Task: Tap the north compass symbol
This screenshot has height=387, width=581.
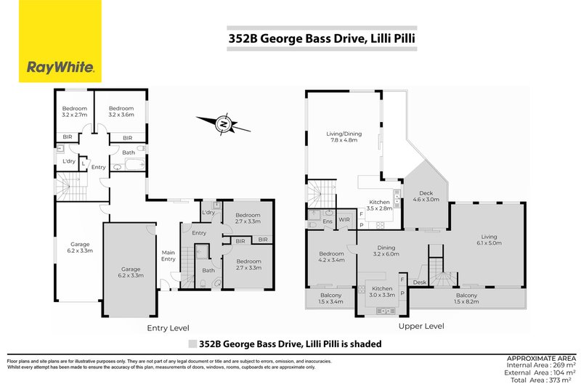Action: tap(224, 125)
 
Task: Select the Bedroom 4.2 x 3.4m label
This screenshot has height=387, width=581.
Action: tap(331, 258)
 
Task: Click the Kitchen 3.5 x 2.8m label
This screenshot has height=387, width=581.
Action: tap(380, 205)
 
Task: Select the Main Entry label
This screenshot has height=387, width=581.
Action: tap(168, 256)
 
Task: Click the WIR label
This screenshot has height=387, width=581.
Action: tap(345, 219)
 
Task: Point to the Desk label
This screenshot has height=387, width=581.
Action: tap(420, 282)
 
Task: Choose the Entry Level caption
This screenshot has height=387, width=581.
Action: tap(169, 328)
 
